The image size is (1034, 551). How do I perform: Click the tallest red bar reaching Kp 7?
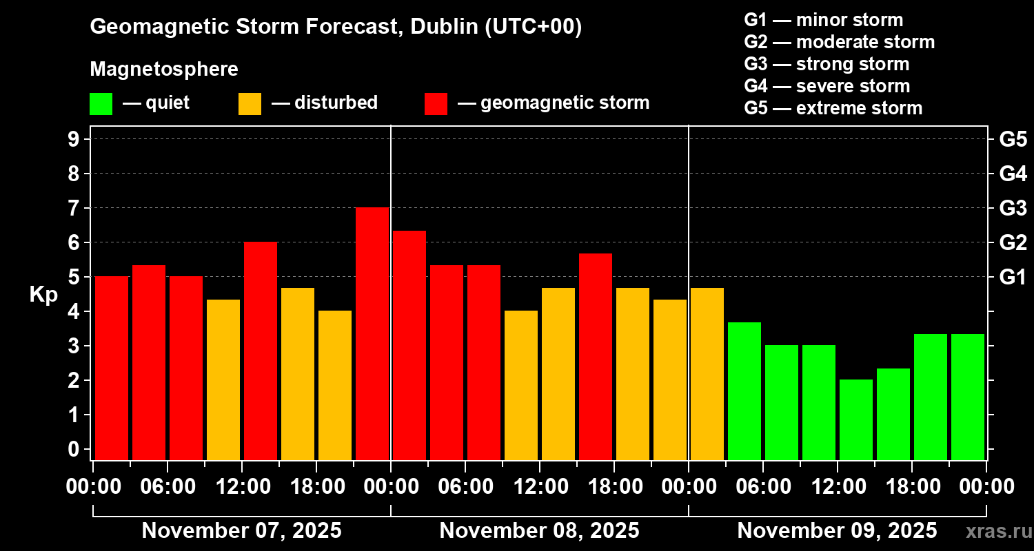372,334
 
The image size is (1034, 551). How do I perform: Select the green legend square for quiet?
101,103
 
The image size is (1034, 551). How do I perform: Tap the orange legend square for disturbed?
250,103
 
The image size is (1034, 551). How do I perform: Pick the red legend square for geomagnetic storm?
436,103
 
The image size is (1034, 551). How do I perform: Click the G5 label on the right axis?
1013,140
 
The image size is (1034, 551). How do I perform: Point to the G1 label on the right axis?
1013,278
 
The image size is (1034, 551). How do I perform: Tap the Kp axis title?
43,295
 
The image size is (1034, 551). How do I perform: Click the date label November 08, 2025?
539,531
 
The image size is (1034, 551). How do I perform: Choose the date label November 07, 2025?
241,531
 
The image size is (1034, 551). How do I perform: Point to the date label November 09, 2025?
837,531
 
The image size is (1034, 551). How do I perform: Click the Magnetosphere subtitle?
164,70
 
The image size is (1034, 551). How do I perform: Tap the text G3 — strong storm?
827,64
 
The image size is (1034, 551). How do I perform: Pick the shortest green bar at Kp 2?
856,419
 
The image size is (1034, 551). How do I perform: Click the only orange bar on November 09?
707,374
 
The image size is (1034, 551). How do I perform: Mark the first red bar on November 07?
112,368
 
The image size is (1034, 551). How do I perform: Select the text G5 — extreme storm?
833,108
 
